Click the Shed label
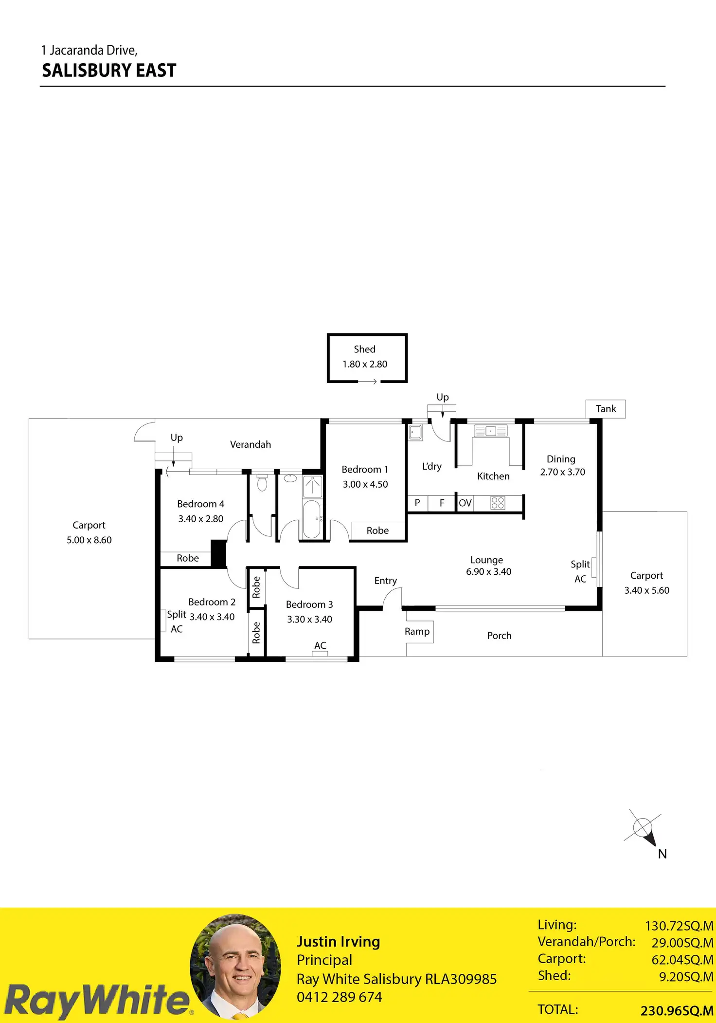[x=364, y=349]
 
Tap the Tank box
[x=606, y=409]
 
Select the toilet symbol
[x=262, y=483]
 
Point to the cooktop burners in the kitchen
[x=498, y=503]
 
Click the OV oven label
[x=465, y=503]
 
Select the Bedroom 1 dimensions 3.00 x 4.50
[x=365, y=484]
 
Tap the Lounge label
[x=486, y=560]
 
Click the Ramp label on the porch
[x=417, y=631]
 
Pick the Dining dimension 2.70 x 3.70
[x=562, y=472]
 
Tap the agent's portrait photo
[x=235, y=966]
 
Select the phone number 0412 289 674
[x=339, y=997]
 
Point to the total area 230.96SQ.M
[x=677, y=1011]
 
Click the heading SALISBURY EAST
[x=109, y=71]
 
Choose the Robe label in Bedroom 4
[x=188, y=558]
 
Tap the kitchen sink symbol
[x=490, y=431]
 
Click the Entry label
[x=385, y=581]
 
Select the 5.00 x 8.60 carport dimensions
[x=89, y=540]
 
